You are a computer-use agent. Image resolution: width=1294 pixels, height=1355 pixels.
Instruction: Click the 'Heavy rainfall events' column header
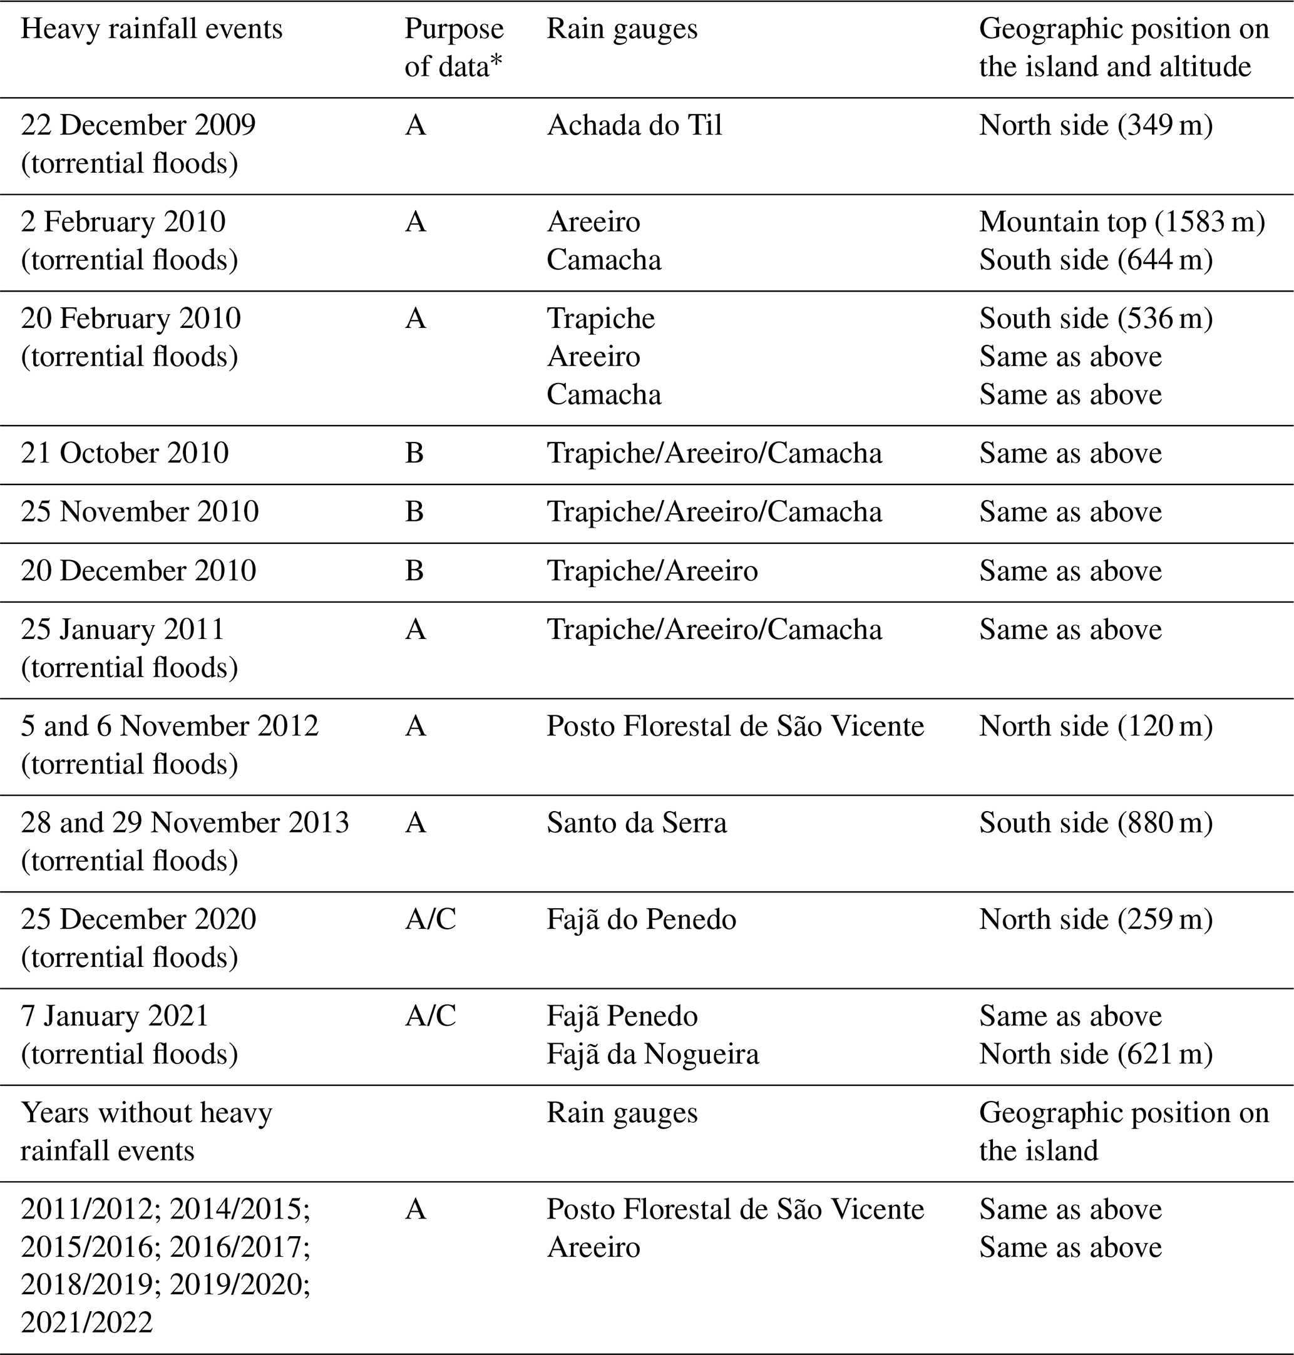(x=151, y=29)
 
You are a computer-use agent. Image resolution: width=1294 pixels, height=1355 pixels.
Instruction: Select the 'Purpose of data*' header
(x=454, y=48)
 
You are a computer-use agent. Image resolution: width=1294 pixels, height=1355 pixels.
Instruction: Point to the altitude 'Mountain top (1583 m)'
(x=1122, y=222)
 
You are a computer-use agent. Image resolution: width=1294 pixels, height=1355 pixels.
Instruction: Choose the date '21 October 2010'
(x=124, y=453)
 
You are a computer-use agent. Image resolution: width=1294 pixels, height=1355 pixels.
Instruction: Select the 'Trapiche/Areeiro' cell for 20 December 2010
(x=652, y=570)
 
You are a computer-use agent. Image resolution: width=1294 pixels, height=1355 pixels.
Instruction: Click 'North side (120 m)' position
(x=1096, y=726)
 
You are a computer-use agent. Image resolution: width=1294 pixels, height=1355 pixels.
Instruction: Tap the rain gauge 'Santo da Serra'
(x=636, y=822)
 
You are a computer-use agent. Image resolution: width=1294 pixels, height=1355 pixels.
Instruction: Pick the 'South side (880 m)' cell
(x=1096, y=822)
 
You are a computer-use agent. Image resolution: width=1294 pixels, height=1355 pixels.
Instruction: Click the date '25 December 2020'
(x=138, y=919)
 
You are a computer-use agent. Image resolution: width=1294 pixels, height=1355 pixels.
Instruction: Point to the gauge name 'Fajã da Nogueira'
(x=652, y=1054)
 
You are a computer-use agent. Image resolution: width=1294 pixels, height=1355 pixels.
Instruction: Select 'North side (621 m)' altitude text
(x=1096, y=1054)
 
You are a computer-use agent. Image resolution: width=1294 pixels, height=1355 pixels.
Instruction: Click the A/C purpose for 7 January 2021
(x=431, y=1016)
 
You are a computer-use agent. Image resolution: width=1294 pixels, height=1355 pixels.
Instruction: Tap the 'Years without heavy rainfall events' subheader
(x=146, y=1132)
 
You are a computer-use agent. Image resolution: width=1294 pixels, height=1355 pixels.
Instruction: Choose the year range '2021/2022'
(x=86, y=1322)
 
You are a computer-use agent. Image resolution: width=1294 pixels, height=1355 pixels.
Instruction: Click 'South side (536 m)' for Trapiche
(x=1096, y=319)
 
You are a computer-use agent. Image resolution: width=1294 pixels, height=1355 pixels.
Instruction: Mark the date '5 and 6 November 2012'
(x=169, y=726)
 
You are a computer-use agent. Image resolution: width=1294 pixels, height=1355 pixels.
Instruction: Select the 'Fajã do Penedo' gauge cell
(x=641, y=919)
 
